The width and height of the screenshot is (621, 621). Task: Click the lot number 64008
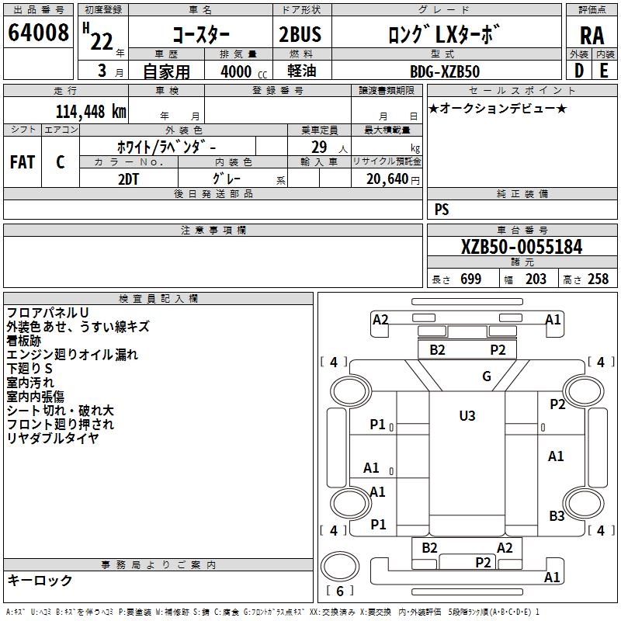tap(38, 33)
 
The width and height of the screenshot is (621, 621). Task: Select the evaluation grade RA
tap(591, 36)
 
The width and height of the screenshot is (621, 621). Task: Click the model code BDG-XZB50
tap(444, 71)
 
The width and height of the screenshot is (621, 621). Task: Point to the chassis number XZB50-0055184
tap(521, 247)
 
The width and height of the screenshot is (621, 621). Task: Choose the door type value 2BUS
tap(300, 34)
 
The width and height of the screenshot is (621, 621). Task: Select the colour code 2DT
tap(128, 178)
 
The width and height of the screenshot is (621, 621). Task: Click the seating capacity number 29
tap(318, 147)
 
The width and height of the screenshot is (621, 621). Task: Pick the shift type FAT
tap(22, 162)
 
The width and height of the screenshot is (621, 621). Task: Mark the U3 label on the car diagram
tap(467, 415)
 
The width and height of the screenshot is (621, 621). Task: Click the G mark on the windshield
tap(487, 376)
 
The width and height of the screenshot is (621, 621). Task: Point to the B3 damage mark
tap(557, 515)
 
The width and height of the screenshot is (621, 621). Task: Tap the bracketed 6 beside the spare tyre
tap(339, 588)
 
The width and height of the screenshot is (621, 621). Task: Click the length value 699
tap(470, 279)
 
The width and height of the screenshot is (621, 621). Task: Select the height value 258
tap(598, 279)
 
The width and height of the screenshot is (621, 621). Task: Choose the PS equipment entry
tap(442, 210)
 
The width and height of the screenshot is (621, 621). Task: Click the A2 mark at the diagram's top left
tap(380, 320)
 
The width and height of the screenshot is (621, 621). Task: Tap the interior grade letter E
tap(603, 71)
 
